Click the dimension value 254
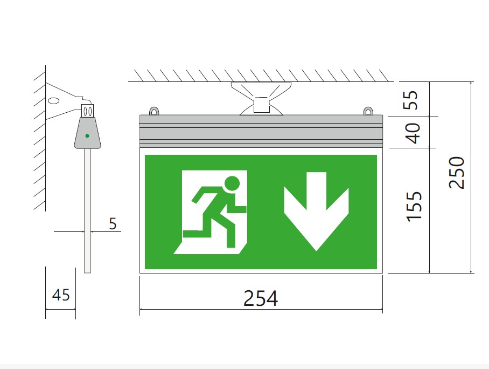click(261, 298)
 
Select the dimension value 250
click(456, 173)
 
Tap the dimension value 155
click(414, 207)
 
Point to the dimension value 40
click(414, 133)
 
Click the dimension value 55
click(410, 100)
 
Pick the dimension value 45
click(61, 295)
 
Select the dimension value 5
click(113, 224)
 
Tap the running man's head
click(232, 183)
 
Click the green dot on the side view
click(87, 136)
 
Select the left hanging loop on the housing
click(153, 111)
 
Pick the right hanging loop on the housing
click(368, 111)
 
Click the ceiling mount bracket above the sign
click(261, 98)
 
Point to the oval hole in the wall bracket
click(53, 101)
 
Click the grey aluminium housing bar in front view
click(261, 131)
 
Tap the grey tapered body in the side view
click(87, 133)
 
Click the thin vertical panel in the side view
click(88, 210)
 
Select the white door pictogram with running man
click(211, 212)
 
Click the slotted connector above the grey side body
click(87, 111)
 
